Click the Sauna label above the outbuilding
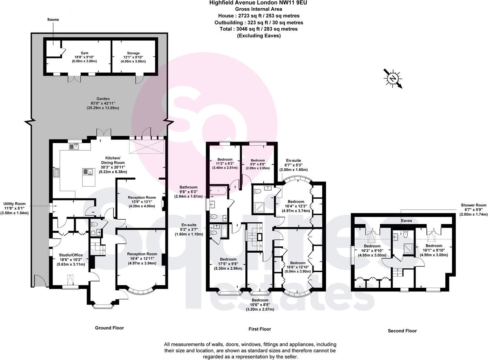[x=53, y=20]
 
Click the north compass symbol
[x=393, y=78]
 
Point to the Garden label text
[x=103, y=103]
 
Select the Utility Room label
[x=15, y=208]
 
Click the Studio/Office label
[x=71, y=259]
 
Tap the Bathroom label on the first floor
[x=188, y=192]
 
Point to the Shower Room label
[x=473, y=210]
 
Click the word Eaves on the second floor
[x=406, y=220]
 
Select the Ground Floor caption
[x=109, y=328]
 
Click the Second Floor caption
[x=402, y=331]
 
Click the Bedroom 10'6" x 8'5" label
[x=260, y=305]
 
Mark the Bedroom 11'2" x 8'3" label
[x=225, y=163]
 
